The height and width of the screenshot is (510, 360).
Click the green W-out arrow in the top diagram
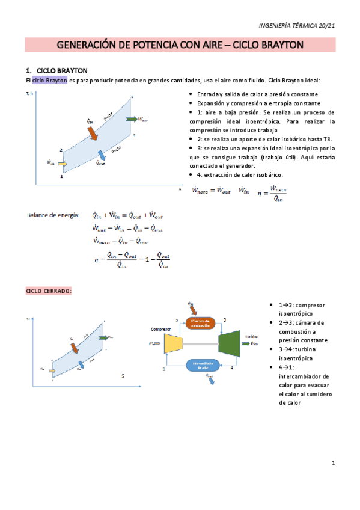click(x=131, y=119)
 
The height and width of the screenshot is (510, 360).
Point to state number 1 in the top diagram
click(x=62, y=176)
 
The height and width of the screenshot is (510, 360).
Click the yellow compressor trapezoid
click(x=172, y=343)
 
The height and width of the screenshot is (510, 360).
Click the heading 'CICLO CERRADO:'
click(x=49, y=290)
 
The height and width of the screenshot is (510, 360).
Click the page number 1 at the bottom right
click(x=332, y=463)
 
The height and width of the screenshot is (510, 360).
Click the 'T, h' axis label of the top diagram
click(x=29, y=94)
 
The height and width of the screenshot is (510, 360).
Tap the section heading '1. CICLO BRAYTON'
click(x=57, y=69)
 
